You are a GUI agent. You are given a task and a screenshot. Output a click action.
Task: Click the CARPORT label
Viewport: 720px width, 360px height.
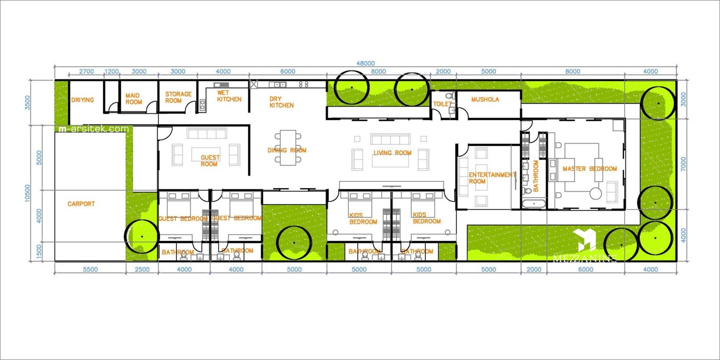pos(81,204)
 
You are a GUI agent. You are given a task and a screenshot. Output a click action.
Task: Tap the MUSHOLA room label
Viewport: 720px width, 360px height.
pos(485,99)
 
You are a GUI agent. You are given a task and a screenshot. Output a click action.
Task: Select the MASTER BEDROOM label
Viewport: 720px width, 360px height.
pos(589,169)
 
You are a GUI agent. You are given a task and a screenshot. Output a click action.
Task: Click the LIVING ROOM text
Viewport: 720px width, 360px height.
pos(392,153)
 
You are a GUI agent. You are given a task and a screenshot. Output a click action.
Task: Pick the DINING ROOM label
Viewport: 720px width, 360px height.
pos(287,150)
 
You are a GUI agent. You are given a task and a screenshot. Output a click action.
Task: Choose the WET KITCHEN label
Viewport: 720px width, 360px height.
pos(229,96)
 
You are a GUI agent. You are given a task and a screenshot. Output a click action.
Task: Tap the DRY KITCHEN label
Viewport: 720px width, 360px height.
pos(281,102)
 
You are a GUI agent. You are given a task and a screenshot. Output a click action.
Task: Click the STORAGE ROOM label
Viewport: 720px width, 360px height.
pos(178,97)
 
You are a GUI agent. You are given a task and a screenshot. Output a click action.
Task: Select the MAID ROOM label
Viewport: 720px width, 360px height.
pos(133,99)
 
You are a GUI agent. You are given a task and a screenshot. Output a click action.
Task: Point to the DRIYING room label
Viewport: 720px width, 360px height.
pos(82,100)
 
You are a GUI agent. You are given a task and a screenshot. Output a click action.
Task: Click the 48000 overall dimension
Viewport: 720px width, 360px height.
pos(365,63)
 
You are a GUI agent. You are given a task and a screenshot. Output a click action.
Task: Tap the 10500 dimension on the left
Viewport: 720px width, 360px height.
pos(27,193)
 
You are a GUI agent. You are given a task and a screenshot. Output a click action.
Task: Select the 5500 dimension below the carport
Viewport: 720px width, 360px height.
pos(90,270)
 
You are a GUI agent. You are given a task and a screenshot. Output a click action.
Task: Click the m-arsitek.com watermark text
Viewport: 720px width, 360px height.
pos(94,129)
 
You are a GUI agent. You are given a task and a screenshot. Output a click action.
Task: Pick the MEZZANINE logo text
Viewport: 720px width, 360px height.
pos(584,258)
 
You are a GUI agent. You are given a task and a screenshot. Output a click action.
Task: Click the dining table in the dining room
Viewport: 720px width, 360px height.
pos(288,148)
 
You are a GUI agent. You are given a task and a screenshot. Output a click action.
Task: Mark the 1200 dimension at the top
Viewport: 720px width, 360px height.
pos(112,72)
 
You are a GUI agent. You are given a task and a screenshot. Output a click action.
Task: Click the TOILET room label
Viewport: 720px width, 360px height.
pos(442,104)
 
